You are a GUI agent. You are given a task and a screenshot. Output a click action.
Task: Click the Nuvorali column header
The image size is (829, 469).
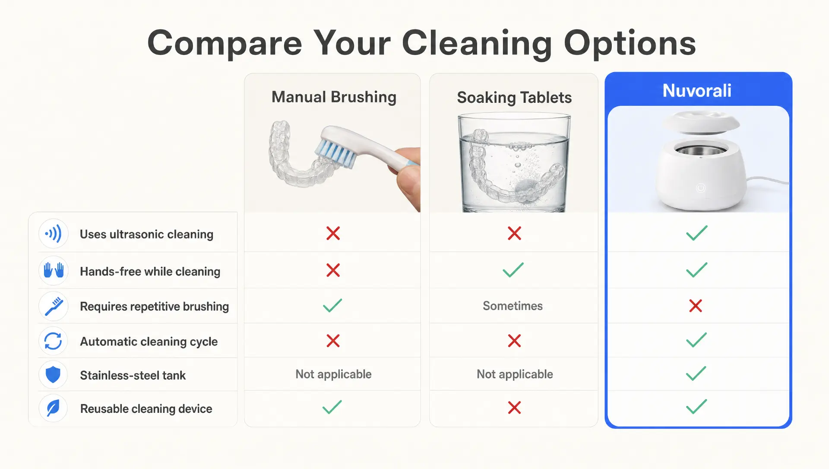pos(697,91)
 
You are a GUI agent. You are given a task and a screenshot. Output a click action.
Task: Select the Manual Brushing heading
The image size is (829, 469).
pos(334,97)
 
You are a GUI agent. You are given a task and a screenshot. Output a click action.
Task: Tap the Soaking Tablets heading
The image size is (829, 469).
pos(514,98)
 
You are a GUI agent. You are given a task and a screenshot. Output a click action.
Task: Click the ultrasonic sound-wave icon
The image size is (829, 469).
pos(54,234)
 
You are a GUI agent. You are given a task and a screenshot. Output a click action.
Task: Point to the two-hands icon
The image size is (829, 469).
pos(54,271)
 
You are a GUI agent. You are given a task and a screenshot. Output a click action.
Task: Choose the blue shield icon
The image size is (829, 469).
pos(53,375)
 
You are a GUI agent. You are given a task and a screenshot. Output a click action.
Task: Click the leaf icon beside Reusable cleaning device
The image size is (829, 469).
pos(53,408)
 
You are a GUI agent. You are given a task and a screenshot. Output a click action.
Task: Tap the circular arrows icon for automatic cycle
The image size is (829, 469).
pos(53,341)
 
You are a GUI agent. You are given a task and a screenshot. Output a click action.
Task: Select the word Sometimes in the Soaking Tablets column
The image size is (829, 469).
pos(513,306)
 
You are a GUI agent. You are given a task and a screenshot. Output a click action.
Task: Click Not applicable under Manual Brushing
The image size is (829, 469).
pos(333,374)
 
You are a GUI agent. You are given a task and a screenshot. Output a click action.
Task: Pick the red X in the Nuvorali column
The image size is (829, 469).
pos(696,306)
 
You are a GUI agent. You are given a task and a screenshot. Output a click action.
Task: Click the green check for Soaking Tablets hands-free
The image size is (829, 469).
pos(513,270)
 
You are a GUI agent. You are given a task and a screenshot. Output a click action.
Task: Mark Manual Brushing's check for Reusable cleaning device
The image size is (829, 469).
pos(332,407)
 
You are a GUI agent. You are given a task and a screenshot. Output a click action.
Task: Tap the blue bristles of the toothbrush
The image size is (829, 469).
pos(335,153)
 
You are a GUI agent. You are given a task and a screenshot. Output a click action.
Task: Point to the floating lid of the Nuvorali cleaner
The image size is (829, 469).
pos(701,121)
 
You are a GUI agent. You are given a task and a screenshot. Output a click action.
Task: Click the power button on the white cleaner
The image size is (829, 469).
pos(701,188)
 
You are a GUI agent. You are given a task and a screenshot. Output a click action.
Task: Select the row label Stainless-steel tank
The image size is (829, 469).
pos(133,375)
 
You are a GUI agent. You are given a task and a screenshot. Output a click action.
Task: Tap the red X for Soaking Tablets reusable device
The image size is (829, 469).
pos(514,407)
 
